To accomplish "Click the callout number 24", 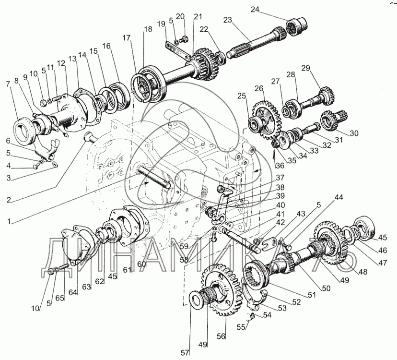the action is click(x=255, y=10).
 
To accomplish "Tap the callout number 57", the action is click(x=185, y=352).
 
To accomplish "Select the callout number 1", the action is click(x=9, y=221).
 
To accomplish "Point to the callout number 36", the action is click(x=280, y=165).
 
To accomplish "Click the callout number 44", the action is click(x=339, y=197).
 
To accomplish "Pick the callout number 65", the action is click(x=60, y=298).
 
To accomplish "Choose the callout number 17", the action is click(x=126, y=38).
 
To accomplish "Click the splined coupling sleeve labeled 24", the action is click(x=297, y=26).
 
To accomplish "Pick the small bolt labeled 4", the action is click(x=35, y=166).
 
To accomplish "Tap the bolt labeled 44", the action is click(x=288, y=246).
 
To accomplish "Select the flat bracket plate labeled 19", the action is click(x=177, y=50).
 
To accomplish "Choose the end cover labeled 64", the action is click(x=76, y=245).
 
